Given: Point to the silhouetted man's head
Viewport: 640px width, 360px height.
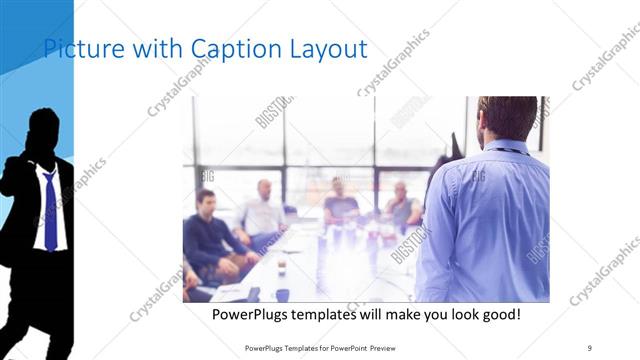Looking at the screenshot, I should tap(43, 130).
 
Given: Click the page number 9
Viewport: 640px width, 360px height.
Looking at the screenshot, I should tap(590, 347).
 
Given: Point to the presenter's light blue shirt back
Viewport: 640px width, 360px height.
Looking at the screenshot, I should tap(485, 220).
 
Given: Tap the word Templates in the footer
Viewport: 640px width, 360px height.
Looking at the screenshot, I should tap(304, 347).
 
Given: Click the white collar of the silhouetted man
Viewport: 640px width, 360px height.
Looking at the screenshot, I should tap(42, 172).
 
